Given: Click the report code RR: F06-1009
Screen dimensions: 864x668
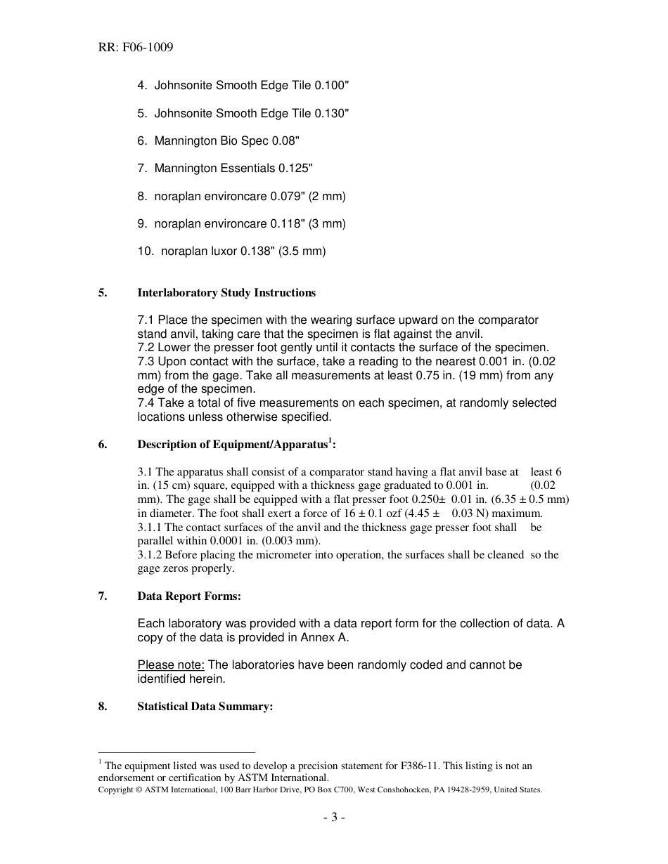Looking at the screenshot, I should (136, 48).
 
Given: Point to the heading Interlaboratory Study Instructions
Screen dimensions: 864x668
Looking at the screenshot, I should (226, 293).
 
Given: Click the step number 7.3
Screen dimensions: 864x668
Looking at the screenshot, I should (146, 362).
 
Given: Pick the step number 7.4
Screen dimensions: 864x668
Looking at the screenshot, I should (146, 403).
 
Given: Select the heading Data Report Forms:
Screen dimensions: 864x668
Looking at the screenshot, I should (189, 596).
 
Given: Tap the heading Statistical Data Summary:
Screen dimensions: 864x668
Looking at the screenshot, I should (205, 707).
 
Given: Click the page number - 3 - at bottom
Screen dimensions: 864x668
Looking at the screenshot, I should (334, 818).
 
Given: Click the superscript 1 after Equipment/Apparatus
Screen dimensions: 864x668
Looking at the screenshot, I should (330, 440).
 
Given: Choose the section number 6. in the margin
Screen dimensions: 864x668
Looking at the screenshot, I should (103, 445).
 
